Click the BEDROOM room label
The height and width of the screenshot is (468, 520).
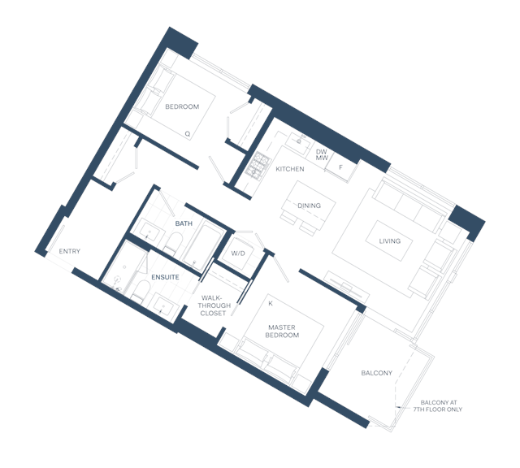(182, 106)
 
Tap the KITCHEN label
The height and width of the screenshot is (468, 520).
(290, 169)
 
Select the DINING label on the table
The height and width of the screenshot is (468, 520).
(309, 206)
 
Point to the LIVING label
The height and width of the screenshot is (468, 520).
(390, 241)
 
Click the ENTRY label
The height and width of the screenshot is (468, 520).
(70, 251)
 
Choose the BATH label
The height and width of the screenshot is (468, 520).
(184, 223)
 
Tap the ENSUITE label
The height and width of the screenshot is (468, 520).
(165, 277)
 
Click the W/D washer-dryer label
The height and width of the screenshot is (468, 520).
(238, 253)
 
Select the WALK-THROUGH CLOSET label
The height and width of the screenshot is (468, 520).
(214, 305)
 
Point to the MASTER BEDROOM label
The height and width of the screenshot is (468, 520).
(282, 331)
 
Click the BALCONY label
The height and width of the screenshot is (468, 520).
(377, 373)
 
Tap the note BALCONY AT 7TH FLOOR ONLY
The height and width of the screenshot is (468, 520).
(438, 406)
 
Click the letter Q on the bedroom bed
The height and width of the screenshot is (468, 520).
(188, 134)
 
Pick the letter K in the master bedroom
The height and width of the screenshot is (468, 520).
(271, 304)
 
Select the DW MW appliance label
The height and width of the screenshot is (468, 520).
(322, 155)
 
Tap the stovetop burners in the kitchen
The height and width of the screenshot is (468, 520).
(258, 165)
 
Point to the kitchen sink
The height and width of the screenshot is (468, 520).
(299, 142)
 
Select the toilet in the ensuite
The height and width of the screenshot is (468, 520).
(141, 289)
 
